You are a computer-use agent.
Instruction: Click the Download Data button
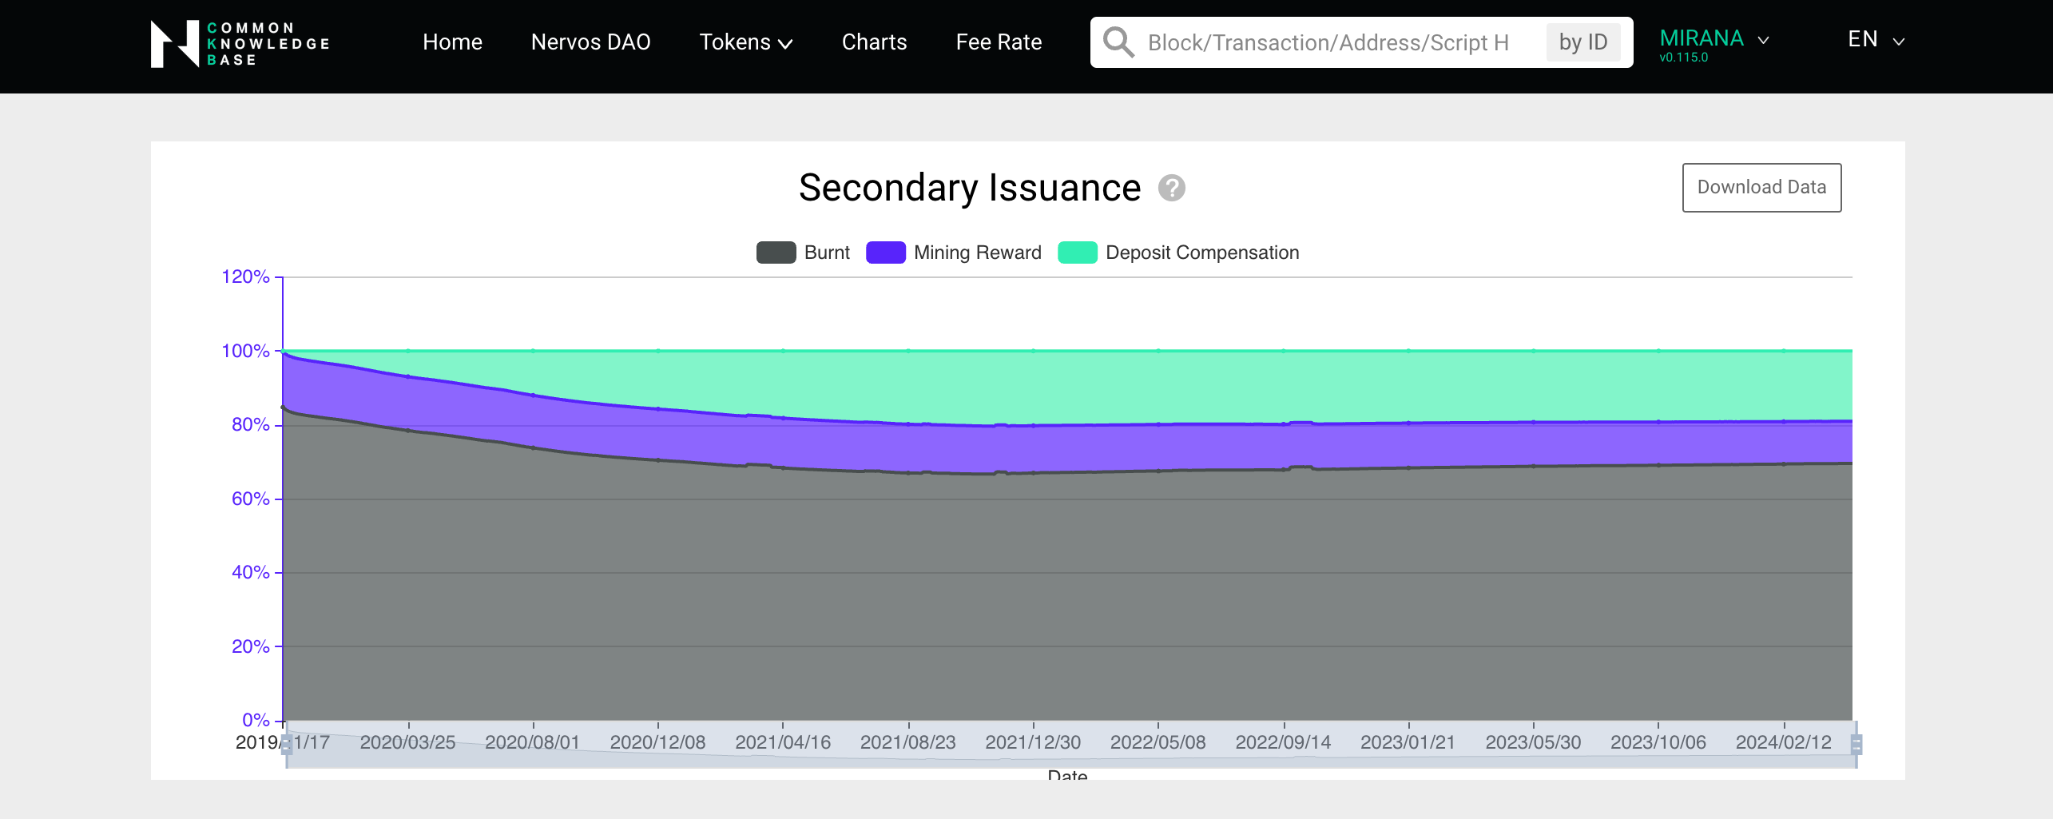coord(1761,187)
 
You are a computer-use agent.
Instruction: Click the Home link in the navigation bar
coord(452,42)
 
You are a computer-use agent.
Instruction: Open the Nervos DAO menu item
coord(590,42)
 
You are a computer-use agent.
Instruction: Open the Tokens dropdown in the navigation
coord(745,42)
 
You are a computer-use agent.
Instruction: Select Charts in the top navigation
coord(874,42)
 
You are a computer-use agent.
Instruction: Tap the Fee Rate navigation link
coord(998,42)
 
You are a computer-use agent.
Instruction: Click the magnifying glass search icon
coord(1118,42)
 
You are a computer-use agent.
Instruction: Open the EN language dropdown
coord(1874,40)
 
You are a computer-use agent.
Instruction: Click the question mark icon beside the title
coord(1171,188)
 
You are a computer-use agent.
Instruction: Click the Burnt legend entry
coord(804,252)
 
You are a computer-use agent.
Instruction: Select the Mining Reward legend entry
coord(954,252)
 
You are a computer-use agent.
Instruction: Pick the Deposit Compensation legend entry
coord(1179,252)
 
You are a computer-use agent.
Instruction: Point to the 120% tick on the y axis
coord(246,277)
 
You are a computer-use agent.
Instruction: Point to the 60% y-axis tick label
coord(251,499)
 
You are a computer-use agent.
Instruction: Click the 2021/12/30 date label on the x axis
coord(1032,742)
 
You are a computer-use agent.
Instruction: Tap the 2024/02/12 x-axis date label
coord(1782,742)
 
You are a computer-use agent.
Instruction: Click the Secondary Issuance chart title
coord(969,188)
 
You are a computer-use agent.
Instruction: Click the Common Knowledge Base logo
coord(240,43)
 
